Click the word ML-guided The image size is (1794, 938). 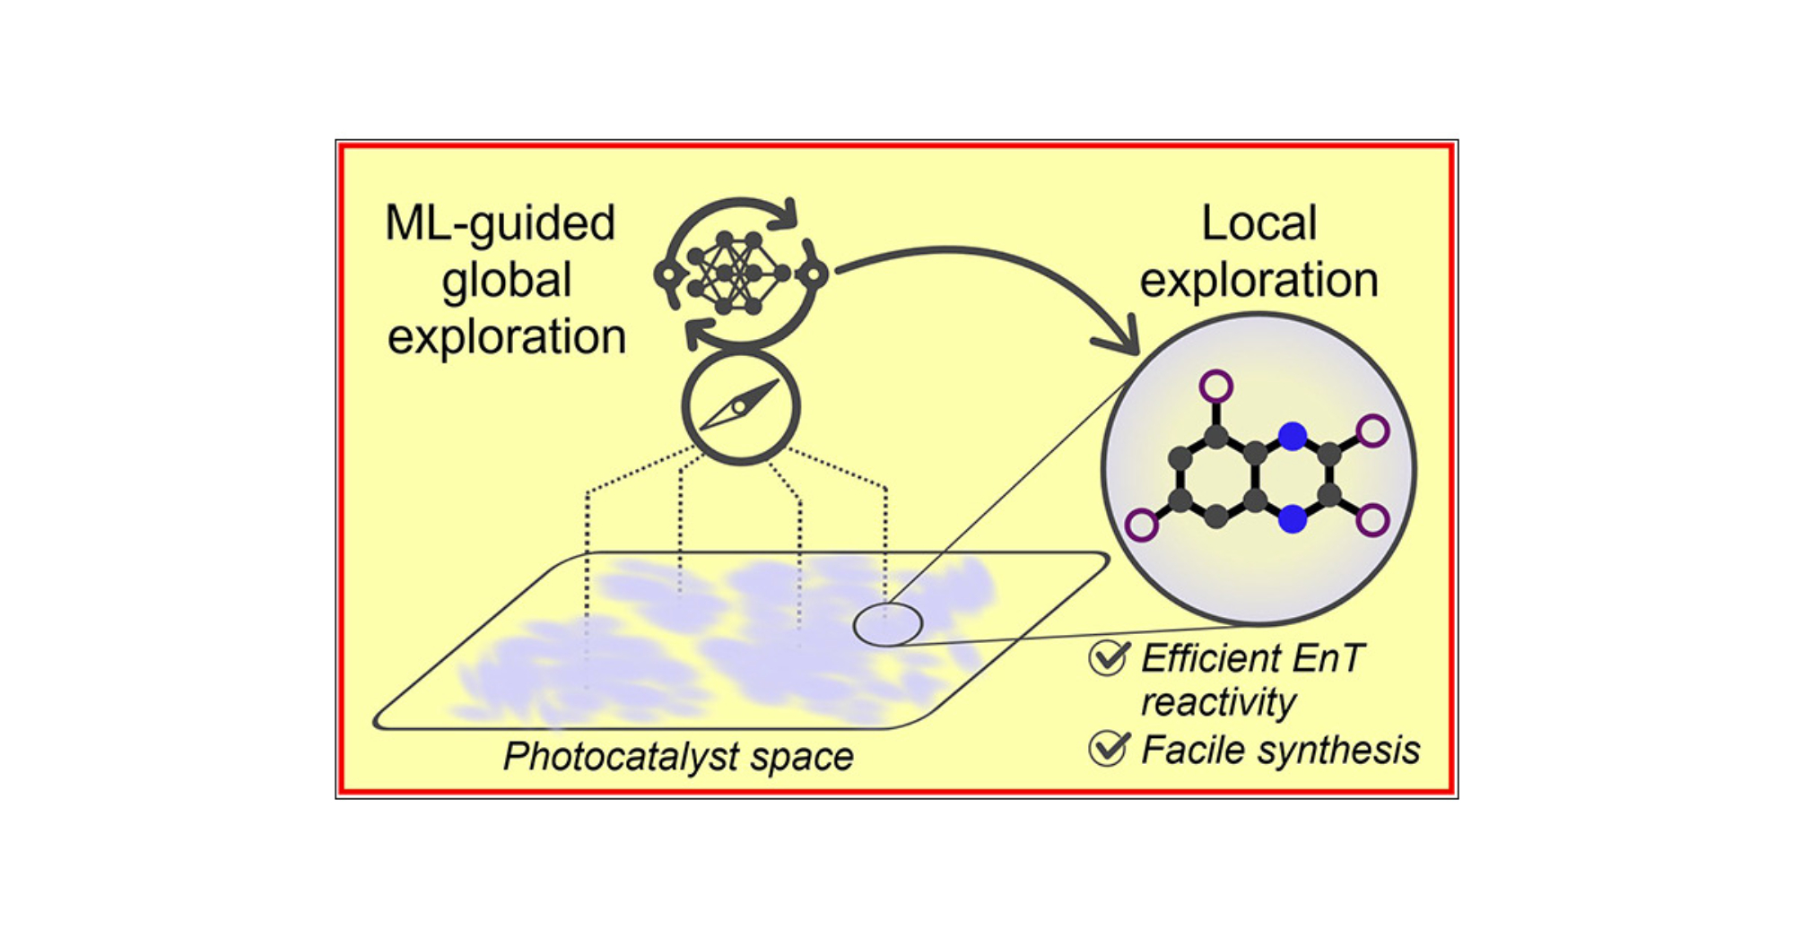point(500,224)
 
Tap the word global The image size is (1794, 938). point(506,282)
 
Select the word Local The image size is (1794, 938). point(1258,224)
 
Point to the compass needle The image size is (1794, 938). point(740,406)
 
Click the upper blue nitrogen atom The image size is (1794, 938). point(1292,437)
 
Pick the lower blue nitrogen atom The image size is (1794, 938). point(1292,518)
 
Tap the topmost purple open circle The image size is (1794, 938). point(1215,387)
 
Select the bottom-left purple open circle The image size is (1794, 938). point(1141,525)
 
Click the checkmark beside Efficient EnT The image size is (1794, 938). point(1109,657)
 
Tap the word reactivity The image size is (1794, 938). point(1217,703)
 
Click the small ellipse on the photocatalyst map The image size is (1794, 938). point(887,624)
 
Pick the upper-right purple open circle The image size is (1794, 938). point(1372,431)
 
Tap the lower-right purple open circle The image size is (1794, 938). point(1372,520)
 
